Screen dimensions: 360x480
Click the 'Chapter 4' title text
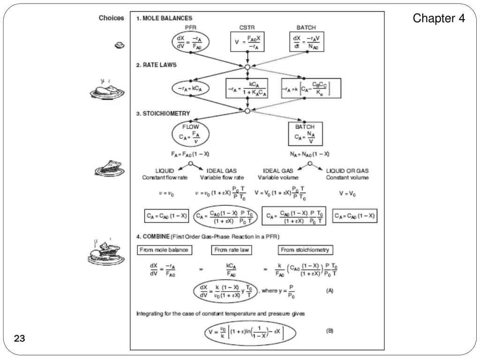tap(439, 19)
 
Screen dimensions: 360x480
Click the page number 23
tap(20, 338)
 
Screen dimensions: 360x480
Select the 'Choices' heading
tap(111, 18)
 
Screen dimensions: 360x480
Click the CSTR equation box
tap(247, 42)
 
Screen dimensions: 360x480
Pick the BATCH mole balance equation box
tap(307, 42)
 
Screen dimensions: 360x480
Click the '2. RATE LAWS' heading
tap(157, 65)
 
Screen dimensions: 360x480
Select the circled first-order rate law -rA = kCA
tap(190, 89)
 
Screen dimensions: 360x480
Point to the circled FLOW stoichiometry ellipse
tap(190, 133)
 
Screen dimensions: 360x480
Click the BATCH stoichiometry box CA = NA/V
tap(305, 134)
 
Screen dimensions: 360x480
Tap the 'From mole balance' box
tap(164, 250)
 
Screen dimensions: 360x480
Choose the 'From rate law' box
tap(232, 250)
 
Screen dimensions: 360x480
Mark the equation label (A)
tap(330, 290)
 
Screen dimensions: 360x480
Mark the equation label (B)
tap(330, 331)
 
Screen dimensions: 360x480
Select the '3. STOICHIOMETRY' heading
tap(163, 113)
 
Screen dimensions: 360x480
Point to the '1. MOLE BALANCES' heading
tap(164, 18)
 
